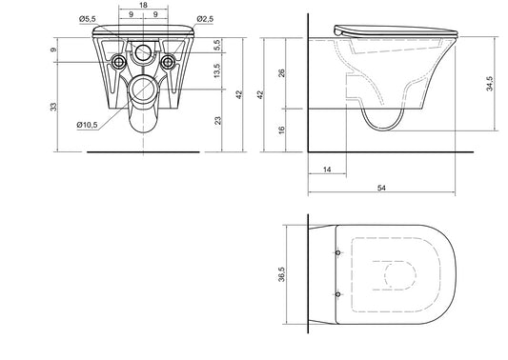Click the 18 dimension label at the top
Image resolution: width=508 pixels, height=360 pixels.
click(x=143, y=5)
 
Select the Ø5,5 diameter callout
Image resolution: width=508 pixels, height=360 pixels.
click(x=88, y=19)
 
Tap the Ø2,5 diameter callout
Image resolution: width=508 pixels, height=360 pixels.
click(x=205, y=19)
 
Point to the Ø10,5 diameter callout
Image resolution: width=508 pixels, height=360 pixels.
click(x=87, y=125)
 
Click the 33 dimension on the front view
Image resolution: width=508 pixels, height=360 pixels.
click(x=53, y=107)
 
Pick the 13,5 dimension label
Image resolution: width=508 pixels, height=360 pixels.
click(x=216, y=70)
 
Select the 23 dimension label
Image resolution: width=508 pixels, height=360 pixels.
click(x=218, y=120)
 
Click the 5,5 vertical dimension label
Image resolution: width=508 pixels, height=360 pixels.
click(x=216, y=45)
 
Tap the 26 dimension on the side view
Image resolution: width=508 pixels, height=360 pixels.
click(x=282, y=72)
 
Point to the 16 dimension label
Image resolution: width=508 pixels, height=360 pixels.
click(x=282, y=130)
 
